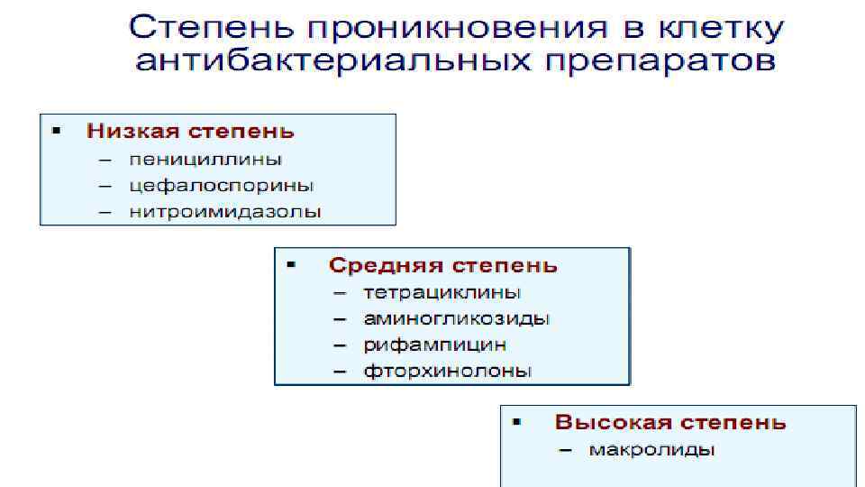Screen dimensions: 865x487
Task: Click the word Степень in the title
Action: pos(213,29)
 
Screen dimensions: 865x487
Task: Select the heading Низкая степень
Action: pos(190,131)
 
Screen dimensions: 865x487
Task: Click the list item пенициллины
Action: pos(205,160)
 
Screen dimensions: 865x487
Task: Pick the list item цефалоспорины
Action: pos(222,187)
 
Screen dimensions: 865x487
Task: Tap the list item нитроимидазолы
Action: pos(225,214)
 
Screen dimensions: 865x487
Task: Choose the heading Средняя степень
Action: pos(443,266)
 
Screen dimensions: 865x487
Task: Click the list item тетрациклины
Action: pos(442,293)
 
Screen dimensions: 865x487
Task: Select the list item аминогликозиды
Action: pos(457,318)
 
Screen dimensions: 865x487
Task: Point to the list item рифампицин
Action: pos(435,345)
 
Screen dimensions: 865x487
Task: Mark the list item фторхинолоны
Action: pos(448,371)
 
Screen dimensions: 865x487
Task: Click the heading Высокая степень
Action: pos(670,422)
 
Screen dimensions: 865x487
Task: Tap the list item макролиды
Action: pos(651,449)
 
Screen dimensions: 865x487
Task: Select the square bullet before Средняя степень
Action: pos(291,265)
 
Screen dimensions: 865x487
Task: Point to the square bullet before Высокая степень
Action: pos(517,421)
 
